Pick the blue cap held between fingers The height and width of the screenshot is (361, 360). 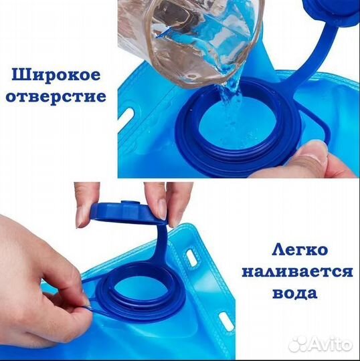128,211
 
